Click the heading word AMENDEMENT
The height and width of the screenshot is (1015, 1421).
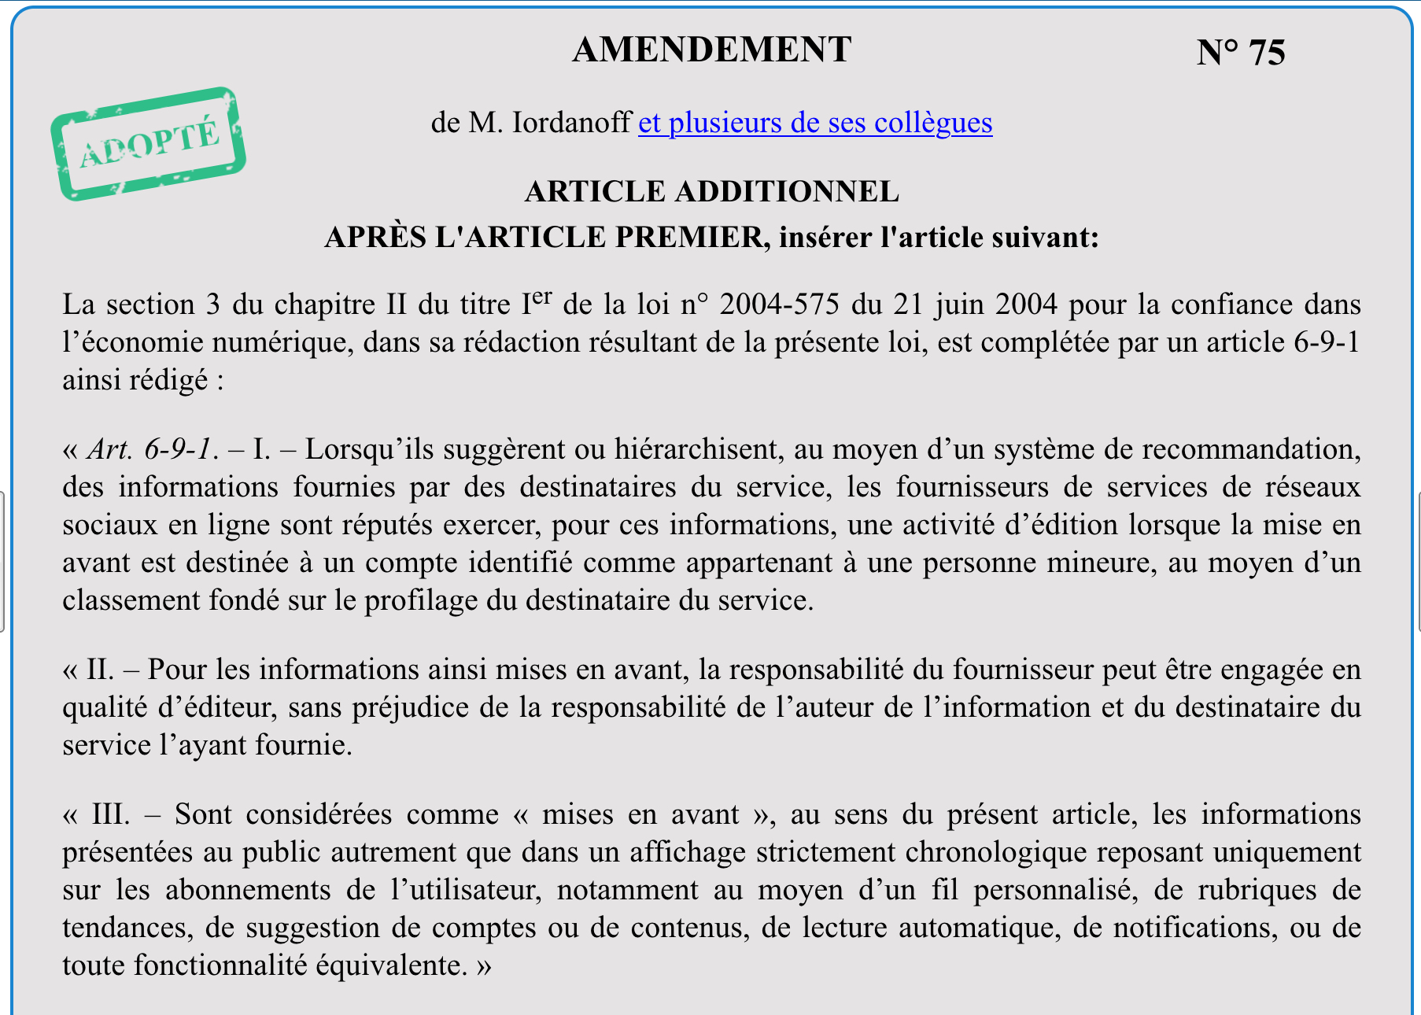[x=711, y=50]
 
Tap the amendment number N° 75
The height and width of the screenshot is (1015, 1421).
[x=1240, y=53]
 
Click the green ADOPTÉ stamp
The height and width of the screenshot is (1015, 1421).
[x=148, y=143]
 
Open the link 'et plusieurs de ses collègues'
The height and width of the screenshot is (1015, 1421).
[x=814, y=123]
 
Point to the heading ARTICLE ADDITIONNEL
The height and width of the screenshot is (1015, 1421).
[x=711, y=191]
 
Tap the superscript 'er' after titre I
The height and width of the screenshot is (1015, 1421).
[x=542, y=297]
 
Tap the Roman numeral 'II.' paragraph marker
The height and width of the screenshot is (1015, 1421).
[x=100, y=670]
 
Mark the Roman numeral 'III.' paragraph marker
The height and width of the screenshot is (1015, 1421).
[x=111, y=814]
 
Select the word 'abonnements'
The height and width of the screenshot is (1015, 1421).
[x=248, y=890]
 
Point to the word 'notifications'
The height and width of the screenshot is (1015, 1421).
[x=1193, y=928]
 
